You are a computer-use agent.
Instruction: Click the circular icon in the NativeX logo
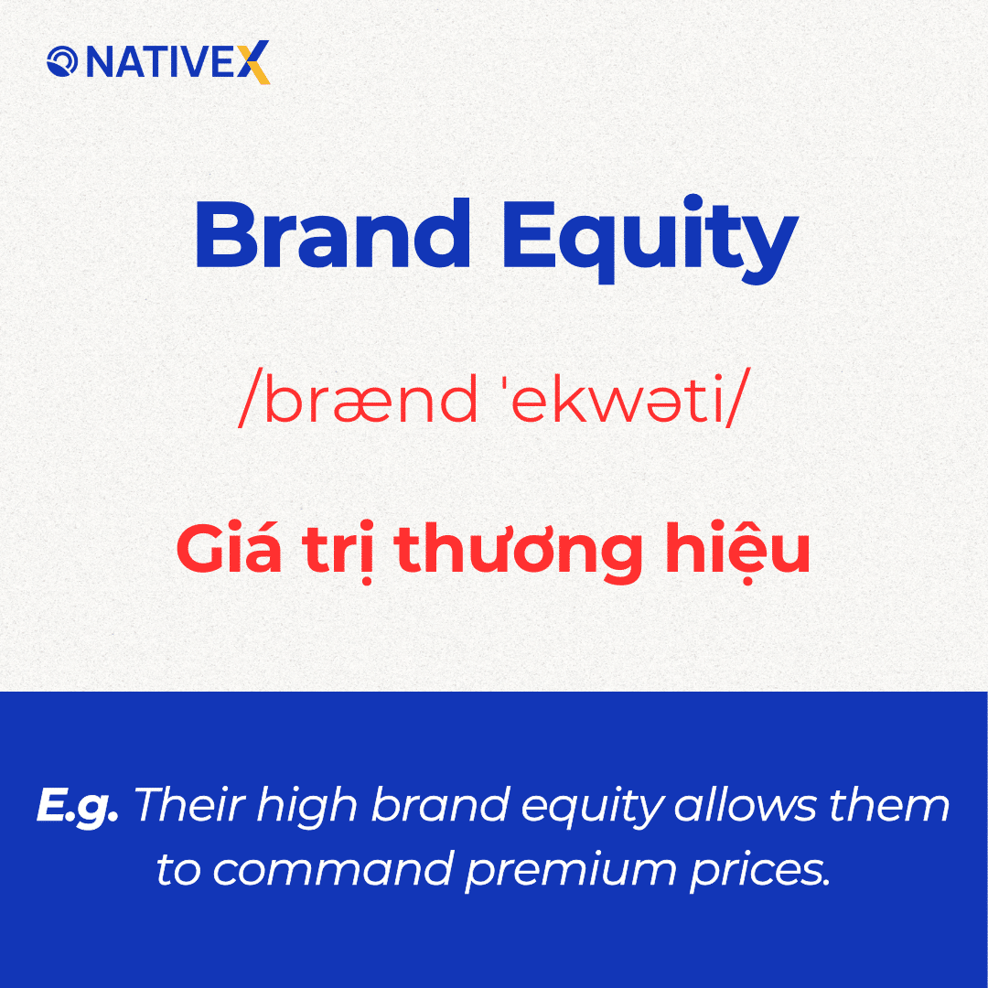62,62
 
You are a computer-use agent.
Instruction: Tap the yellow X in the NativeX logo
256,62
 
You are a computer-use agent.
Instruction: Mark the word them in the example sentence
901,805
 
